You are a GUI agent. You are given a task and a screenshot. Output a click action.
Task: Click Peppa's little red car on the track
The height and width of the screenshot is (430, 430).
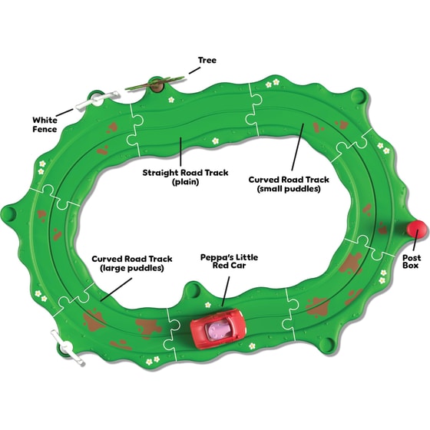coord(218,329)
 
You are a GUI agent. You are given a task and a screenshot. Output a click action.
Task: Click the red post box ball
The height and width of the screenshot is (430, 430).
coord(417,229)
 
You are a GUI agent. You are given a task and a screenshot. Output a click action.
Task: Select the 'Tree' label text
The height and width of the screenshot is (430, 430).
coord(207,60)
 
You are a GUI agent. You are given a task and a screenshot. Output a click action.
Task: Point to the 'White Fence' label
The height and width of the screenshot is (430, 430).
coord(45,124)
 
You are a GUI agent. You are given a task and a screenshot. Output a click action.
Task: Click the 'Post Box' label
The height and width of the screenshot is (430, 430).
coord(412,261)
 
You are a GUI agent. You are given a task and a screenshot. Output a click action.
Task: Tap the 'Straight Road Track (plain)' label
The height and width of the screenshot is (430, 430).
coord(185,177)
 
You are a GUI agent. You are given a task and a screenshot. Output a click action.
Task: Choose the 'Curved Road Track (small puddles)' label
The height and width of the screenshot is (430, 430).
coord(289,184)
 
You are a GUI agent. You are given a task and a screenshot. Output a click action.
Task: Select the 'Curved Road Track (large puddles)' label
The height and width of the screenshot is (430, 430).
coord(132,263)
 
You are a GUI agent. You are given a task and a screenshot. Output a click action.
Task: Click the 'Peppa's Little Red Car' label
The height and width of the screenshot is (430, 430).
coord(230,261)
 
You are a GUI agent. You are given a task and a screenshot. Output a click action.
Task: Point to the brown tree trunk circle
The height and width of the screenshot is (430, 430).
coord(157,85)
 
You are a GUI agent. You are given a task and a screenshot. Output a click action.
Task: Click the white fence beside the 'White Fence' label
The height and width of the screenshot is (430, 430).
coord(98,101)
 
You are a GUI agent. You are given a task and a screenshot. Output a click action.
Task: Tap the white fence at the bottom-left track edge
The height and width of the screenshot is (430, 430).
coord(67,347)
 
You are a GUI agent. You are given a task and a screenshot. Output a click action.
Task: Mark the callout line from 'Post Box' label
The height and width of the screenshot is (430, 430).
coord(415,240)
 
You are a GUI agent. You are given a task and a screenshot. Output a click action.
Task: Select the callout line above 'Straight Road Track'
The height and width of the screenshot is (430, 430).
coord(180,151)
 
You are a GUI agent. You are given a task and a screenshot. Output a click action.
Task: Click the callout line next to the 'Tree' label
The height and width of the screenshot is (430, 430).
coord(194,70)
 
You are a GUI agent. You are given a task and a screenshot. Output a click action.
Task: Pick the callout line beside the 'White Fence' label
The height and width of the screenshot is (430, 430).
coord(64,112)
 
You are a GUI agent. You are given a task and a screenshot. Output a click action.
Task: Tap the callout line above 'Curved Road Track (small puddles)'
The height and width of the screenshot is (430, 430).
coord(298,147)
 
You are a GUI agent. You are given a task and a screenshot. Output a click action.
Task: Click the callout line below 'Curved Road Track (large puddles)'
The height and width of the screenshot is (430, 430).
coord(116,289)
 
